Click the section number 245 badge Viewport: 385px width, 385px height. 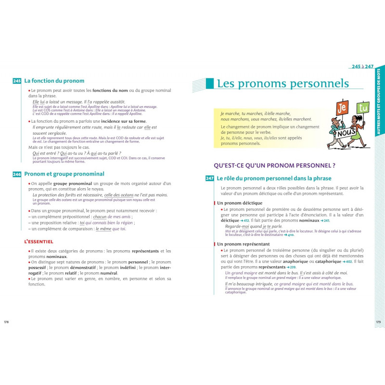coord(17,81)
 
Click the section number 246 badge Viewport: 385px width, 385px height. coord(17,174)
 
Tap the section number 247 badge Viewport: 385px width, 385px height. coord(209,179)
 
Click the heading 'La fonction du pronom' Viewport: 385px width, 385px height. coord(54,81)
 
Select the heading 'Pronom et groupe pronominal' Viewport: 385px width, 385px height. coord(64,174)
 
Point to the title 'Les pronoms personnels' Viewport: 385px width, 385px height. coord(282,83)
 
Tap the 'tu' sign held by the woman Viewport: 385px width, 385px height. coord(363,108)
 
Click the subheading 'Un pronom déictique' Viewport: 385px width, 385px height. coord(240,203)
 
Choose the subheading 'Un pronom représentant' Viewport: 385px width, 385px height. coord(243,244)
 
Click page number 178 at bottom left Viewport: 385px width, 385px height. coord(7,322)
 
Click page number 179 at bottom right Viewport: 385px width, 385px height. coord(378,322)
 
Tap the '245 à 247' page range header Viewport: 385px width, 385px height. coord(362,66)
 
